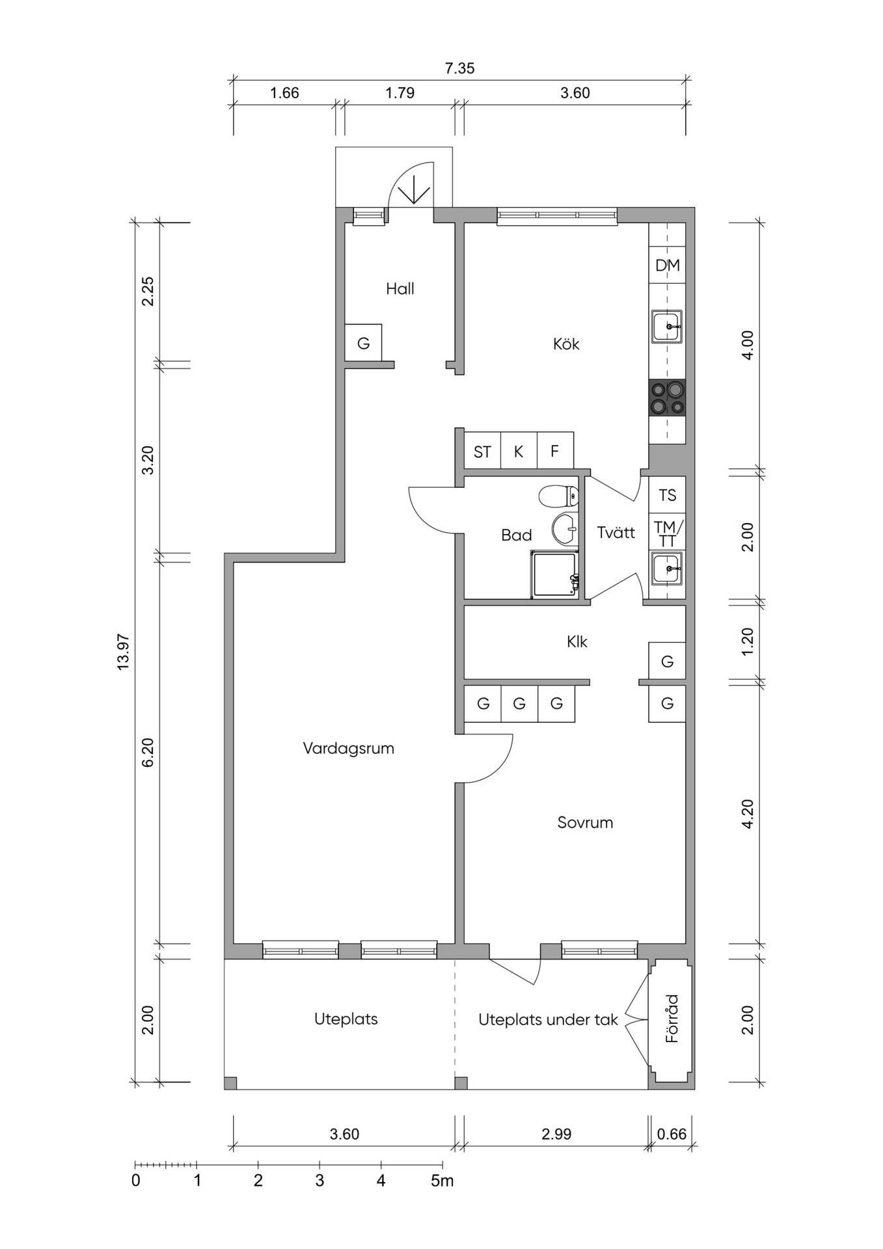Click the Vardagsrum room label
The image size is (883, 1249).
(x=348, y=748)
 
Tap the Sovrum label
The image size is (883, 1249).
(x=585, y=822)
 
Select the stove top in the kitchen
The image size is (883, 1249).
(x=668, y=398)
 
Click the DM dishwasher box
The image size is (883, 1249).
(x=668, y=265)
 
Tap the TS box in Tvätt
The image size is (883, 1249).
(x=668, y=495)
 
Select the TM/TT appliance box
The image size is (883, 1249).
(x=668, y=533)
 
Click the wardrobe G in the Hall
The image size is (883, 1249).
(x=363, y=343)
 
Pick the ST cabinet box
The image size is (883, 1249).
(x=482, y=451)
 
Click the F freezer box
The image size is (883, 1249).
(x=555, y=451)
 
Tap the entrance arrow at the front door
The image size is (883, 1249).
(x=413, y=191)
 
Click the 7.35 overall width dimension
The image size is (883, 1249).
(x=459, y=68)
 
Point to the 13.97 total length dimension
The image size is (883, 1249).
(x=124, y=652)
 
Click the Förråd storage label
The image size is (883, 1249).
(x=672, y=1019)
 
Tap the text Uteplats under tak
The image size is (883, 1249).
(x=548, y=1019)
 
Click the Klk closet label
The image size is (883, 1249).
(x=577, y=642)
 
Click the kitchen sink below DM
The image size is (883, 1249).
(x=667, y=327)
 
